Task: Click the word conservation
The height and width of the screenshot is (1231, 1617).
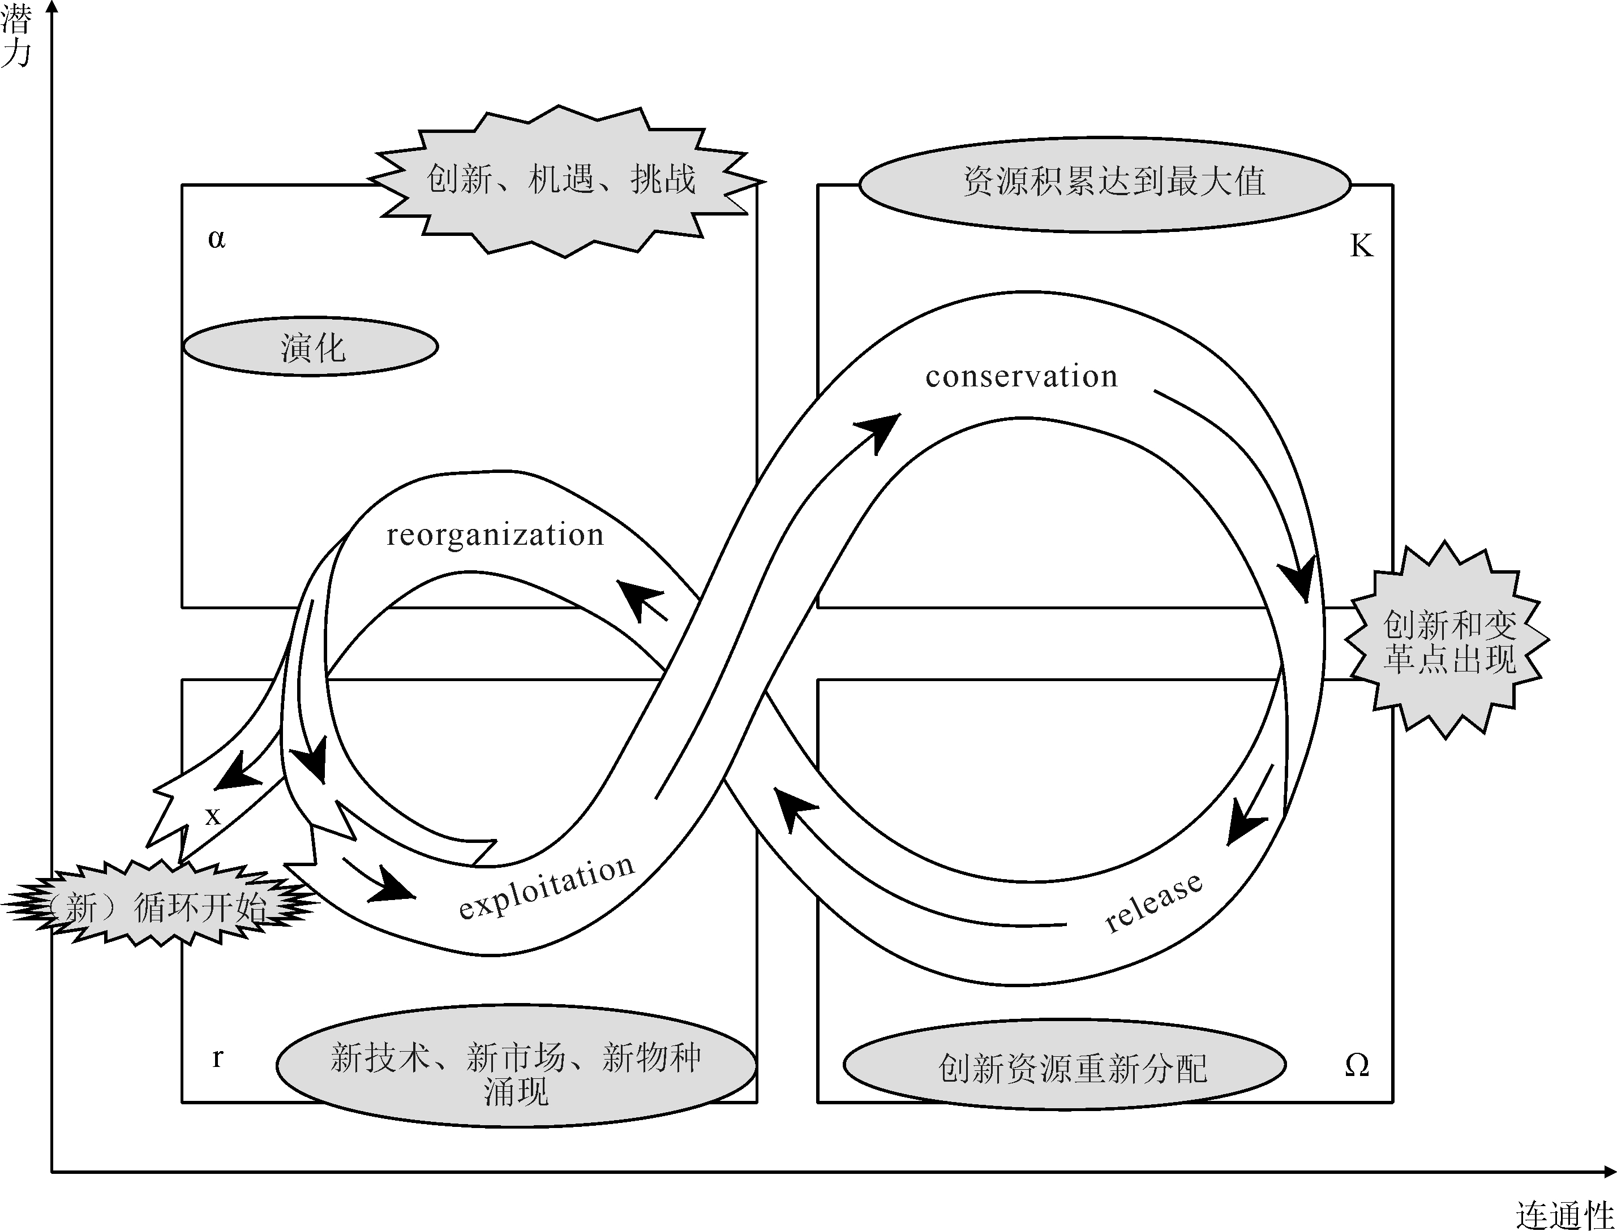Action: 1021,377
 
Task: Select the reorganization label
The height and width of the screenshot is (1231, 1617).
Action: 495,536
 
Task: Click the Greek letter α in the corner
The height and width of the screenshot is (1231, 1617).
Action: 216,239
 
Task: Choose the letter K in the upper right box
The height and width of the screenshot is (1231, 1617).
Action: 1361,246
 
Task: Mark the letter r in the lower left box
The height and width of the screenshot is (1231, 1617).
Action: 217,1057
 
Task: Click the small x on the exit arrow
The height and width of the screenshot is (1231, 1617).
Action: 213,816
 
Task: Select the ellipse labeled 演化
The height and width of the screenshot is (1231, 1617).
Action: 310,347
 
